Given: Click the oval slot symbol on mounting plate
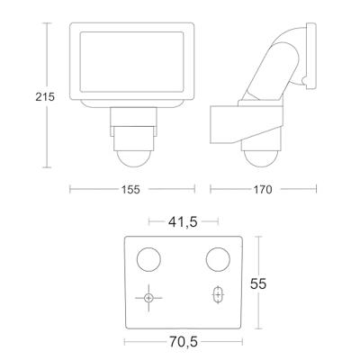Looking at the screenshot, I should pos(217,295).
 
